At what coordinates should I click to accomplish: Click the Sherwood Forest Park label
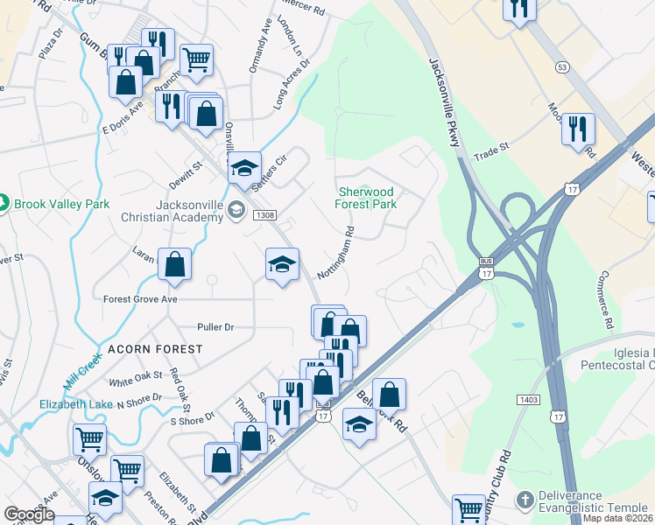(366, 198)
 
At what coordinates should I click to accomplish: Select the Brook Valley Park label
(60, 204)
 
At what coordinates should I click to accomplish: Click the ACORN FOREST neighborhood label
(155, 349)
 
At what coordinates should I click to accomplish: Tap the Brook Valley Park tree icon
(4, 204)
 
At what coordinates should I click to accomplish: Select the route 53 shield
(561, 67)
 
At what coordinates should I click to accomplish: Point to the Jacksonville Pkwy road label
(445, 101)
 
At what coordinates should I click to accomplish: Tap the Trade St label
(492, 150)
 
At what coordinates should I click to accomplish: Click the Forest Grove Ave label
(140, 298)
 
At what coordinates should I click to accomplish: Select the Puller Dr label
(217, 327)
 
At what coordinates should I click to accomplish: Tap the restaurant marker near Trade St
(578, 129)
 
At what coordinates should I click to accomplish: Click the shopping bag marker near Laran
(175, 263)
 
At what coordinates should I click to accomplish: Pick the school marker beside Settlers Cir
(244, 168)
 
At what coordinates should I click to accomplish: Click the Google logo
(30, 514)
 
